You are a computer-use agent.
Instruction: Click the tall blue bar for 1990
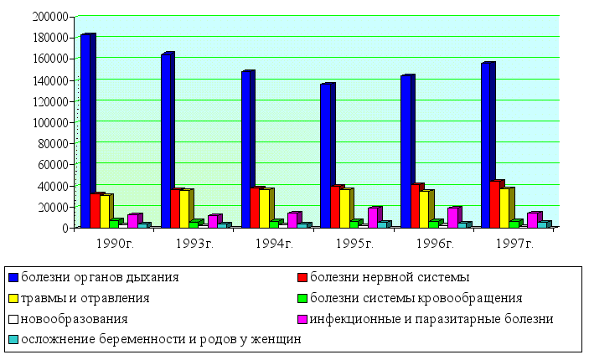(x=86, y=131)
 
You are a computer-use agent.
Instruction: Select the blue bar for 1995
(x=326, y=156)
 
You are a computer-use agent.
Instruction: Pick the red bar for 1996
(x=416, y=206)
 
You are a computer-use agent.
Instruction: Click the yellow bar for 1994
(x=266, y=208)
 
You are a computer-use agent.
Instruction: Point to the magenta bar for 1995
(x=373, y=217)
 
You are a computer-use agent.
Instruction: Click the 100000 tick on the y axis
(x=52, y=122)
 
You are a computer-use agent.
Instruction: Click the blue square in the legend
(x=13, y=276)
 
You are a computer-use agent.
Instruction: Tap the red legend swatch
(x=302, y=276)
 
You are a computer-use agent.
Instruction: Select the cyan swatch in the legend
(x=13, y=340)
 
